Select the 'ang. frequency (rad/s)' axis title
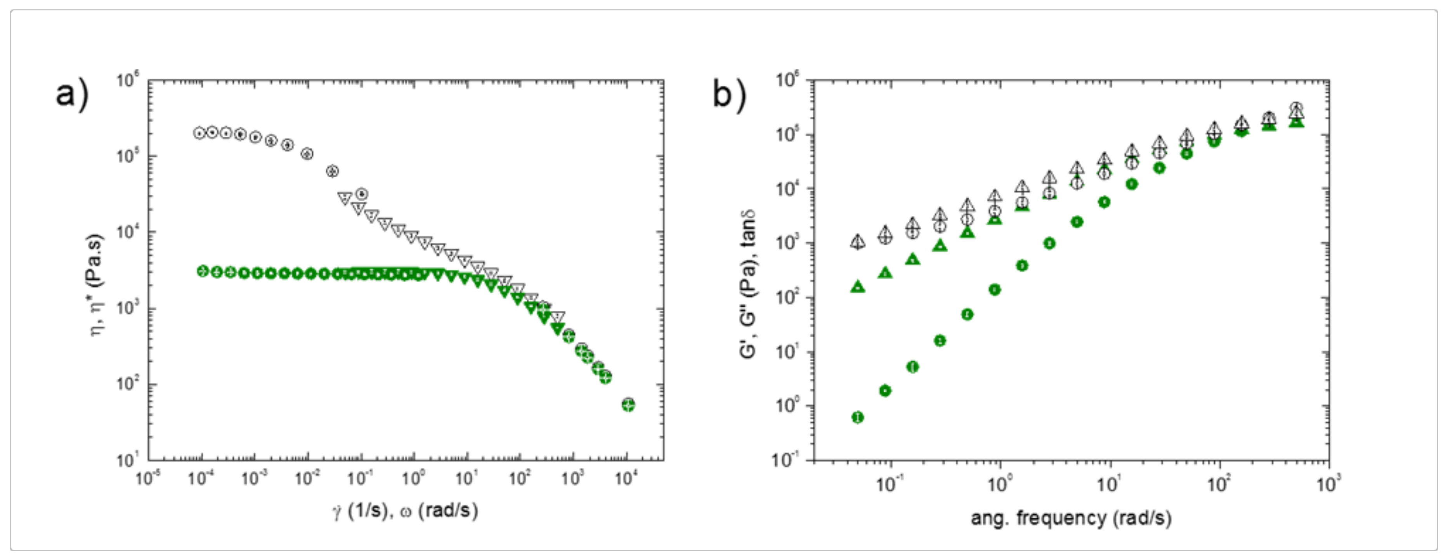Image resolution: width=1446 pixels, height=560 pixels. (x=1071, y=517)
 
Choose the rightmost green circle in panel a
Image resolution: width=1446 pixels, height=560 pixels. (x=629, y=404)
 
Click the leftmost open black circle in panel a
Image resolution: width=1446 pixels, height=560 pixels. (x=199, y=133)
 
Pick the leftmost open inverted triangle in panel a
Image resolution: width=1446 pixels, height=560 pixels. (x=345, y=198)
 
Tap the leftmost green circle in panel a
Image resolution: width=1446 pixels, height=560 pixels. (x=203, y=271)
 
